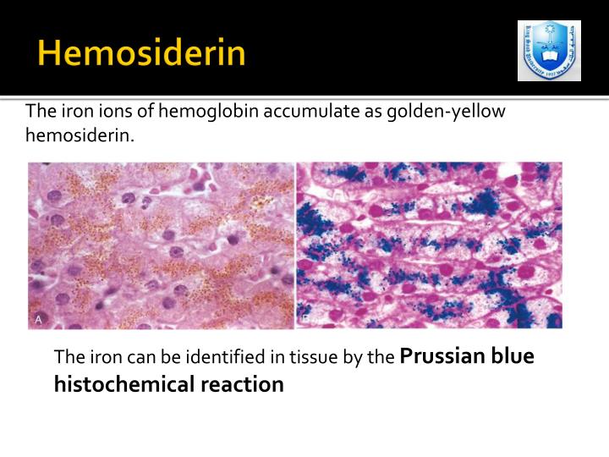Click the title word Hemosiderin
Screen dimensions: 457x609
pyautogui.click(x=141, y=54)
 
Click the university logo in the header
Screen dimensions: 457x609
pyautogui.click(x=549, y=51)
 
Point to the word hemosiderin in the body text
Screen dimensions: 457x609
pyautogui.click(x=79, y=135)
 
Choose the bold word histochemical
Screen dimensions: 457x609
pyautogui.click(x=124, y=384)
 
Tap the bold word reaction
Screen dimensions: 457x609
pyautogui.click(x=242, y=384)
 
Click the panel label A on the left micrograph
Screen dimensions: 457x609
pyautogui.click(x=38, y=318)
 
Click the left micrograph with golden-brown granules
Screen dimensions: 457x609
pyautogui.click(x=161, y=245)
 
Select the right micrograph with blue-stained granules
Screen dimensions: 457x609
pyautogui.click(x=429, y=245)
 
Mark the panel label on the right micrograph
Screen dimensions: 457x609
pyautogui.click(x=305, y=318)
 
